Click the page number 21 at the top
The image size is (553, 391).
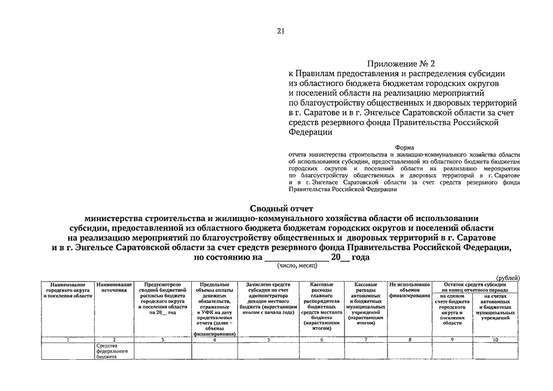tap(280, 31)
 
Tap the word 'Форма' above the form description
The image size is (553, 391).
tap(405, 147)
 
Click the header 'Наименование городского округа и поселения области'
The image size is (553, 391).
tap(67, 290)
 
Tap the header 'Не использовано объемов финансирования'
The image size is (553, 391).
tap(410, 290)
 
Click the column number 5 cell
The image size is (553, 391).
tap(269, 339)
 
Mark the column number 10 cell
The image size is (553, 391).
tap(496, 339)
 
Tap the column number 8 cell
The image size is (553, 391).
tap(410, 339)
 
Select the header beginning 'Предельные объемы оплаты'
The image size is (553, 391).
tap(214, 309)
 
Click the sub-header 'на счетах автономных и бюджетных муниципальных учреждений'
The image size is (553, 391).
tap(496, 307)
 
